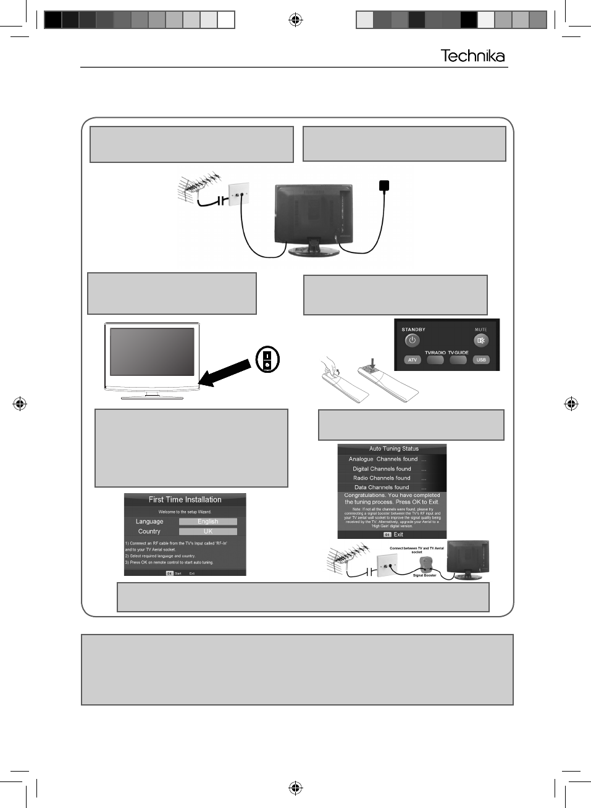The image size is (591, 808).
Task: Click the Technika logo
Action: pos(472,56)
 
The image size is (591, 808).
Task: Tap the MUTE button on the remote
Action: pos(481,340)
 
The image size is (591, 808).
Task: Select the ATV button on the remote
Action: pos(413,360)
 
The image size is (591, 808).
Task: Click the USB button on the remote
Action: pos(481,360)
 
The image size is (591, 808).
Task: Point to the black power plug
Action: pos(384,185)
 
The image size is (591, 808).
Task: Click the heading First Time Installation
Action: pos(185,499)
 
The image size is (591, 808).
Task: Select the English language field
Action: pos(207,522)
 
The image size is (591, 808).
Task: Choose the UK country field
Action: pos(207,531)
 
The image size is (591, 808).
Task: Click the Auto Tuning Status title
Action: pos(393,449)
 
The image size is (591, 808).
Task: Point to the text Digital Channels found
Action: pos(382,469)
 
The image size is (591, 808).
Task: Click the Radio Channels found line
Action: pos(382,478)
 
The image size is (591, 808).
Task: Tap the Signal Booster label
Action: pos(424,575)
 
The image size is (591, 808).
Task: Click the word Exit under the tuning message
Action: pos(398,535)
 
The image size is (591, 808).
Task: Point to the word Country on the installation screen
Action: pos(149,531)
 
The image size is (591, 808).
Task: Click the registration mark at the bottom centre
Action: pos(295,788)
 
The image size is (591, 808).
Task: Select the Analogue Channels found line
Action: pos(383,459)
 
